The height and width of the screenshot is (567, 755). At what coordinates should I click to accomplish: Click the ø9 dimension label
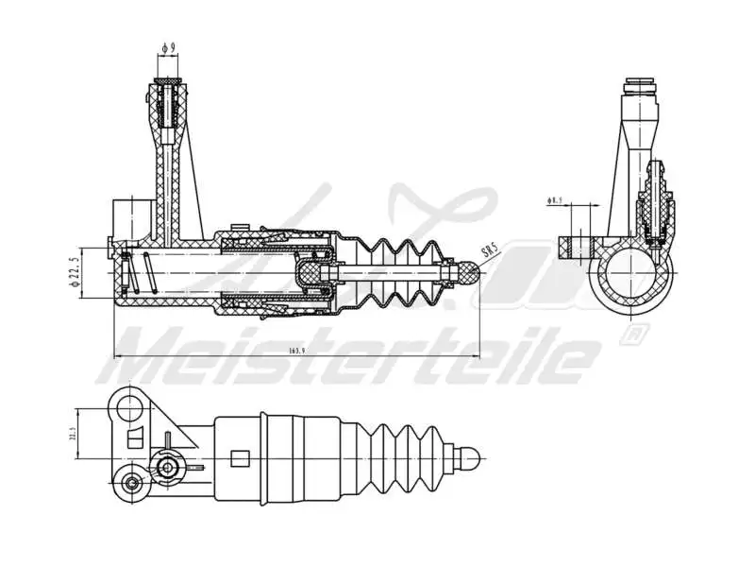(169, 46)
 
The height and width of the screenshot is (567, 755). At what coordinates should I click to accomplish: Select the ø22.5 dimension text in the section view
(73, 273)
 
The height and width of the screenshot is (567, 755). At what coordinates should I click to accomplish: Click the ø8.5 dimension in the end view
(555, 200)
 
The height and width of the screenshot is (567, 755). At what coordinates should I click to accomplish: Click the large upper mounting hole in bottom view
(126, 406)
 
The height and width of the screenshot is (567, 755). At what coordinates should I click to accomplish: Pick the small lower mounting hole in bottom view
(131, 484)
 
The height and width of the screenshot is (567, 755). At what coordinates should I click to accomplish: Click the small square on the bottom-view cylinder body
(239, 459)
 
